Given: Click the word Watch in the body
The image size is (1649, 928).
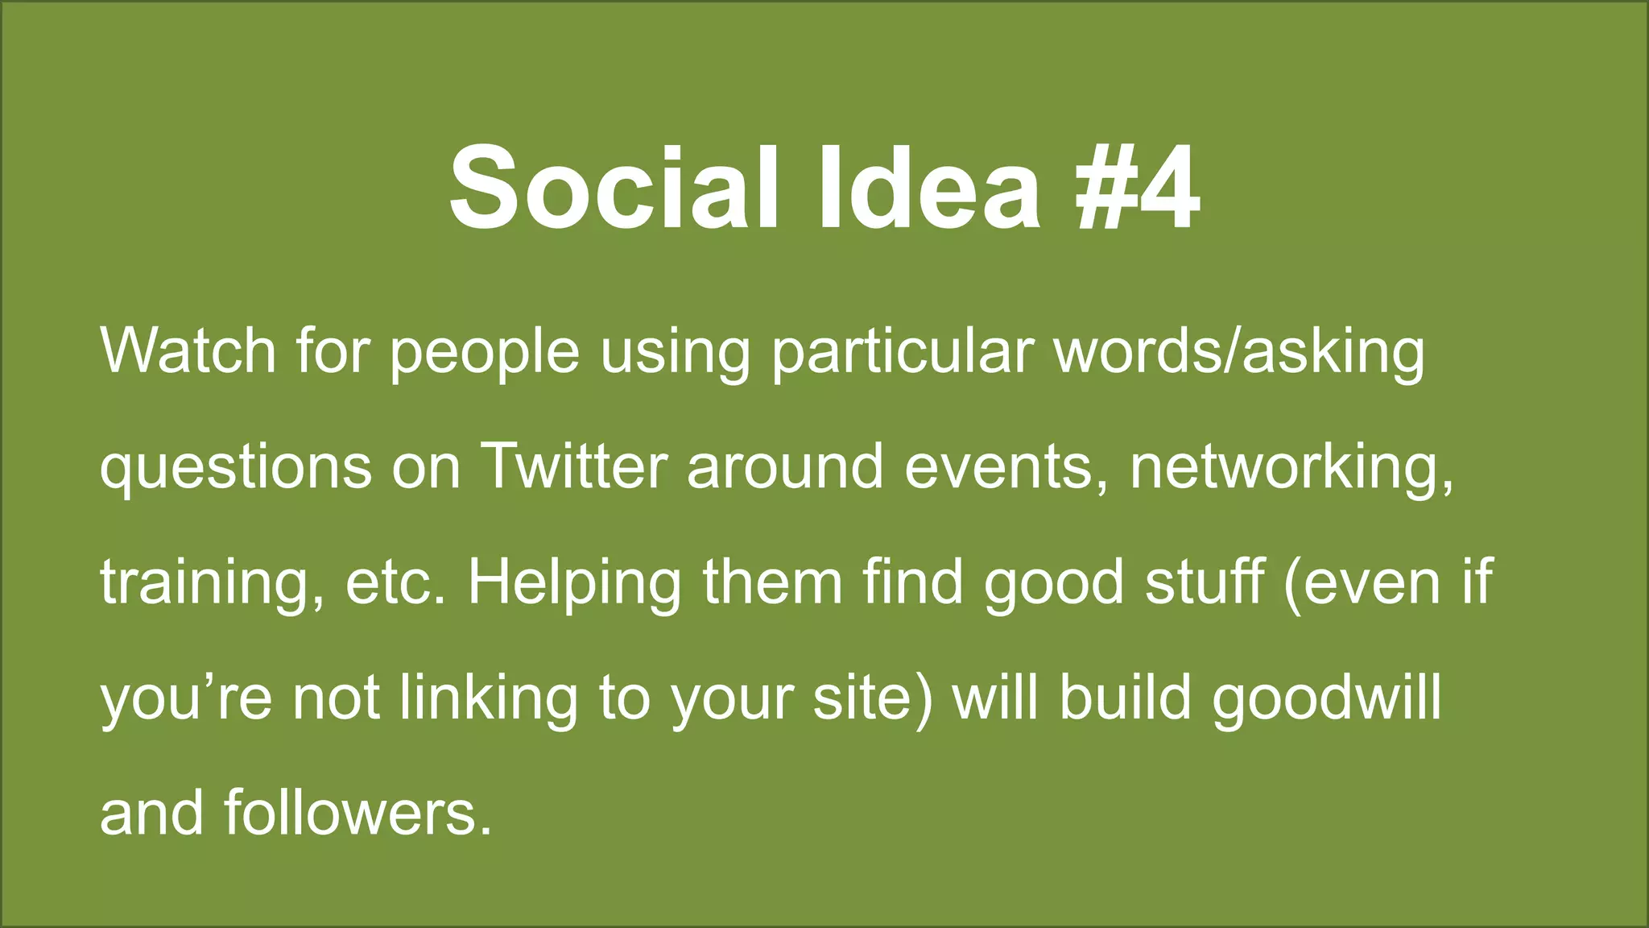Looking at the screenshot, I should (x=188, y=351).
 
